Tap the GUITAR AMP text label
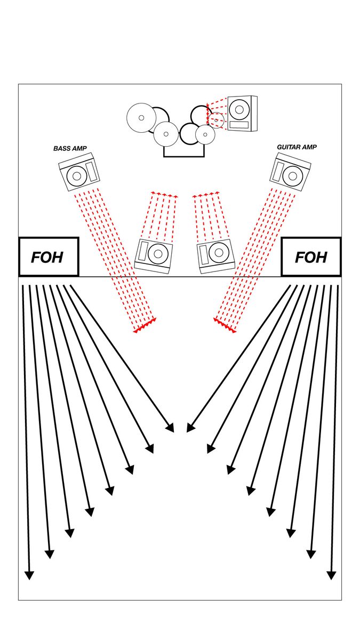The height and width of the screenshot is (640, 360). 297,147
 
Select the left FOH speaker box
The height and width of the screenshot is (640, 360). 49,257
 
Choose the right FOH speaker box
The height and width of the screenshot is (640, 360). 311,257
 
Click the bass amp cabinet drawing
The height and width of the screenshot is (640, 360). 79,172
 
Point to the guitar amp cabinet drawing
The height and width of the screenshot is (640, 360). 290,172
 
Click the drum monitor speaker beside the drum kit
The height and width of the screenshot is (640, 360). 242,113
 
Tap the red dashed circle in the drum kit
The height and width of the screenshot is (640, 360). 215,121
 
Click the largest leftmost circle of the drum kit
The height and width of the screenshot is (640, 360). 141,117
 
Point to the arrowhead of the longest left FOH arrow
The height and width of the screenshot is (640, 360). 29,575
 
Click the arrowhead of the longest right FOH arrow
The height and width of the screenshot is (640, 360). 331,575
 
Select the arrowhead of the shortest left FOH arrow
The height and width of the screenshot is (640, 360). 170,428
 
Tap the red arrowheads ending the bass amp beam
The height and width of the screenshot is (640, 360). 145,327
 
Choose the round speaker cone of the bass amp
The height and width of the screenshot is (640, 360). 76,175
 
